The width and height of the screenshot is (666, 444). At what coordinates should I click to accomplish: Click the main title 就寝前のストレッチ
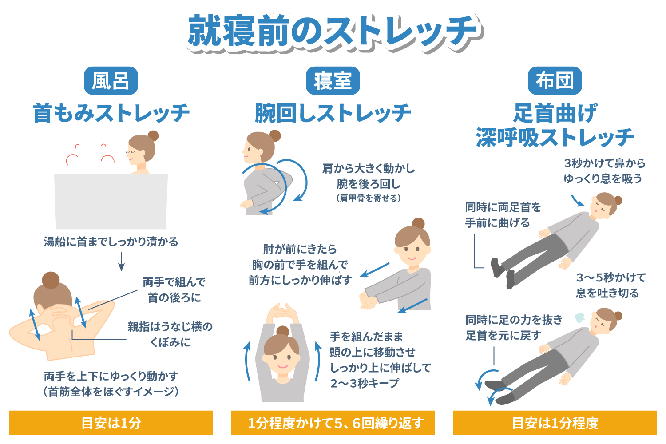point(333,31)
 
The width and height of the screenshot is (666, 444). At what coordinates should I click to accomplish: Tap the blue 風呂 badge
point(111,81)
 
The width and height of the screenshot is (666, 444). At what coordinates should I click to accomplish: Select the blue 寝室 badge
point(333,81)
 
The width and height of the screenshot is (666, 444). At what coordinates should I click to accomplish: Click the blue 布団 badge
point(555,81)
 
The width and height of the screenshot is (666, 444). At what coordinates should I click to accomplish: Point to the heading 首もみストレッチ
point(111,113)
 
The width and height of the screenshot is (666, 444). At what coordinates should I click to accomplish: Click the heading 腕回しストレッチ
point(333,113)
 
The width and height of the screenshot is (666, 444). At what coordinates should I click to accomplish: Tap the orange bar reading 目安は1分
point(111,423)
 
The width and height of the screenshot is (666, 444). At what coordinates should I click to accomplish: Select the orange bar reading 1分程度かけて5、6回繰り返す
point(333,423)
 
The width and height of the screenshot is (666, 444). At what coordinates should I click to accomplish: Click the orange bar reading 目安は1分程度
point(555,423)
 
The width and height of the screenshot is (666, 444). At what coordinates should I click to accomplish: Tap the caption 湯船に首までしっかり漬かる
point(111,242)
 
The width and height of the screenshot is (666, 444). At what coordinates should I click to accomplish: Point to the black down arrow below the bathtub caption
point(121,262)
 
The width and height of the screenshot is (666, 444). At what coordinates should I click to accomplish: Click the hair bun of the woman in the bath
point(153,135)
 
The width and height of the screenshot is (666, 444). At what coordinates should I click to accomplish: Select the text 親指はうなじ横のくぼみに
point(170,334)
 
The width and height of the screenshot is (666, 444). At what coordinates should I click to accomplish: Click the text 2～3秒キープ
point(365,383)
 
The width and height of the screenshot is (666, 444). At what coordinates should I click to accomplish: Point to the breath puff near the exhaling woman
point(579,317)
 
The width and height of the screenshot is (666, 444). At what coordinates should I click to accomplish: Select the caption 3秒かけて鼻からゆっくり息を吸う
point(604,171)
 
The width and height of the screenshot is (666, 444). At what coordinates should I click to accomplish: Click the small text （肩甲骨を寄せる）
point(369,198)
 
